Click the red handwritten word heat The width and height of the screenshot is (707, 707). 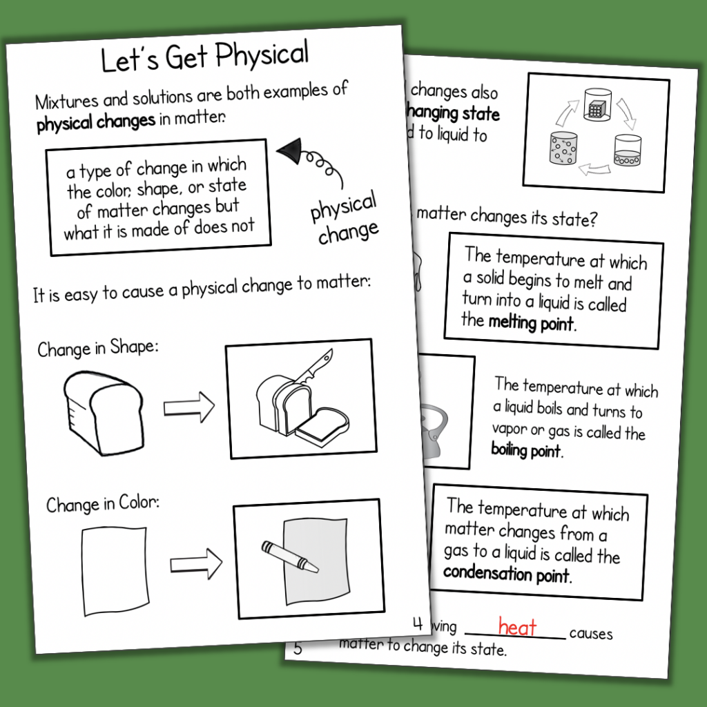pyautogui.click(x=517, y=627)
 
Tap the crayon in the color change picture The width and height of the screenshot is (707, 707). pyautogui.click(x=289, y=556)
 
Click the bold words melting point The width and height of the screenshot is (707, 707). pyautogui.click(x=531, y=322)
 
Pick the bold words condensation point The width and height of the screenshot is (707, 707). pyautogui.click(x=507, y=574)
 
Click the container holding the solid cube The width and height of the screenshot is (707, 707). pyautogui.click(x=595, y=106)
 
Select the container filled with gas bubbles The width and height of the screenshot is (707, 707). pyautogui.click(x=563, y=149)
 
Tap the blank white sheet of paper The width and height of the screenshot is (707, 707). pyautogui.click(x=115, y=570)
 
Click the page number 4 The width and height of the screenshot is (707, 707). pyautogui.click(x=417, y=624)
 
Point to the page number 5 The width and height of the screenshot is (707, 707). pyautogui.click(x=298, y=648)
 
